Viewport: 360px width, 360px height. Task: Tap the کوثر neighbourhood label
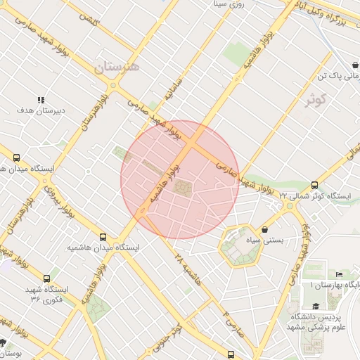click(x=318, y=100)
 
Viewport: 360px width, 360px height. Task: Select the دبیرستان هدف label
click(x=41, y=110)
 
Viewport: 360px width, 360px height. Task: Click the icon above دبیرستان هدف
click(x=41, y=100)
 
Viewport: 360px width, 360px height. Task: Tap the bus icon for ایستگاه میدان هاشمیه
click(x=104, y=238)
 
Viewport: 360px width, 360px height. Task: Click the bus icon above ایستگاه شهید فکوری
click(x=47, y=278)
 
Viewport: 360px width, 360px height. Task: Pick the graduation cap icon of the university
click(x=316, y=306)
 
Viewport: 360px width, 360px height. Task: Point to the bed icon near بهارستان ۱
click(x=339, y=274)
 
